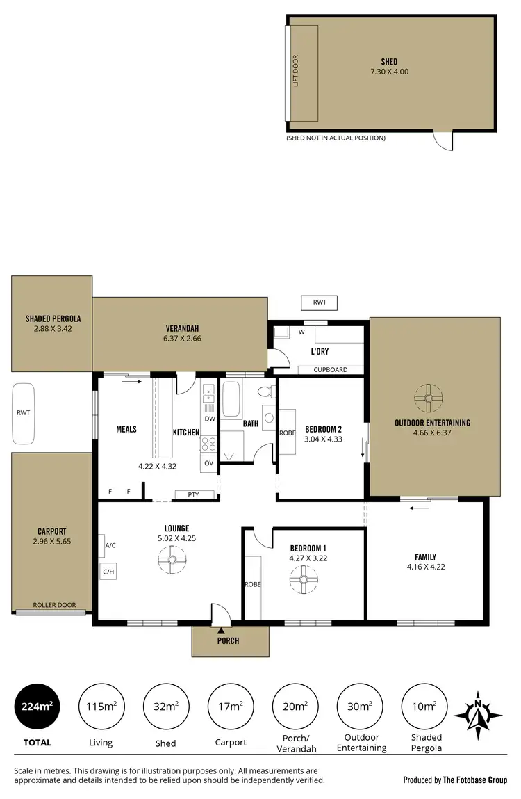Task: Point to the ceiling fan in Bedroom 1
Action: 304,579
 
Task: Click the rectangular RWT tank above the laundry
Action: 319,302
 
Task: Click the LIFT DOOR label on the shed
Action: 295,72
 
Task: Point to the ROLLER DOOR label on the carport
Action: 55,605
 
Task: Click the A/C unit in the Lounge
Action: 110,546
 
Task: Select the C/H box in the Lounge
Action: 108,572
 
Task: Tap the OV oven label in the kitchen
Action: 209,462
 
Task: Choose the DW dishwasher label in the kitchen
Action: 209,418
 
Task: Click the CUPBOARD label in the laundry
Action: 330,370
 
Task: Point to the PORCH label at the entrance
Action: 228,640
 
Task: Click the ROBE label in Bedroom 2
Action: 287,433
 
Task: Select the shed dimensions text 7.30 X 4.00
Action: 389,72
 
